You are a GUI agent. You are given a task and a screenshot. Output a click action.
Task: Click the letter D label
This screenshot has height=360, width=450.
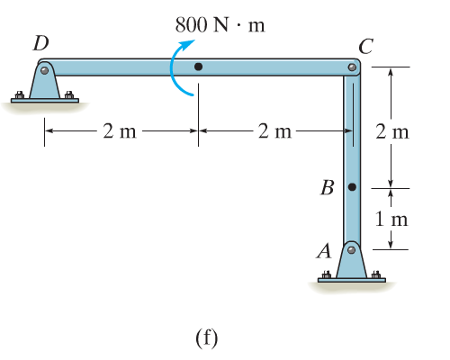click(x=40, y=42)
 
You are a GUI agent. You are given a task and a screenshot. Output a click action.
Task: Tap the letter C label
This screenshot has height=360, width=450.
click(x=365, y=45)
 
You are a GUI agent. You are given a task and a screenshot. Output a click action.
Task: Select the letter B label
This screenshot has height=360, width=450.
click(x=328, y=188)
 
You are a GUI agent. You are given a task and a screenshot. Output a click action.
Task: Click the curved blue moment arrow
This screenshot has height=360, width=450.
click(x=181, y=71)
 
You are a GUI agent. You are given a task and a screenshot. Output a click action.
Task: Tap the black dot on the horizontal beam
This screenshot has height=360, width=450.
click(x=199, y=67)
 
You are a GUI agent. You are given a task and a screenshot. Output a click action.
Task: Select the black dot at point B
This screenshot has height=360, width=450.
click(x=352, y=187)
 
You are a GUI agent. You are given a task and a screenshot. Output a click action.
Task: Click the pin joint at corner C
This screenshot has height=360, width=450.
click(x=352, y=67)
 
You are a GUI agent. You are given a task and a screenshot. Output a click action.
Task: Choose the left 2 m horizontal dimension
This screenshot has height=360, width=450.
click(x=121, y=131)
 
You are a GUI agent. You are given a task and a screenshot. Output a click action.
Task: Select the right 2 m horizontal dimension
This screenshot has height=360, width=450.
click(x=275, y=131)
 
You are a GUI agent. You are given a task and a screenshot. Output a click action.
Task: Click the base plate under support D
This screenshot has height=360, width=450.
click(x=44, y=100)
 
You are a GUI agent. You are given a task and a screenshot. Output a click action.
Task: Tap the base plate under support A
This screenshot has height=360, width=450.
click(x=352, y=281)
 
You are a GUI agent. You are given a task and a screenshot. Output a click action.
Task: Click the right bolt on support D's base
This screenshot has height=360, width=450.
click(x=69, y=93)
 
